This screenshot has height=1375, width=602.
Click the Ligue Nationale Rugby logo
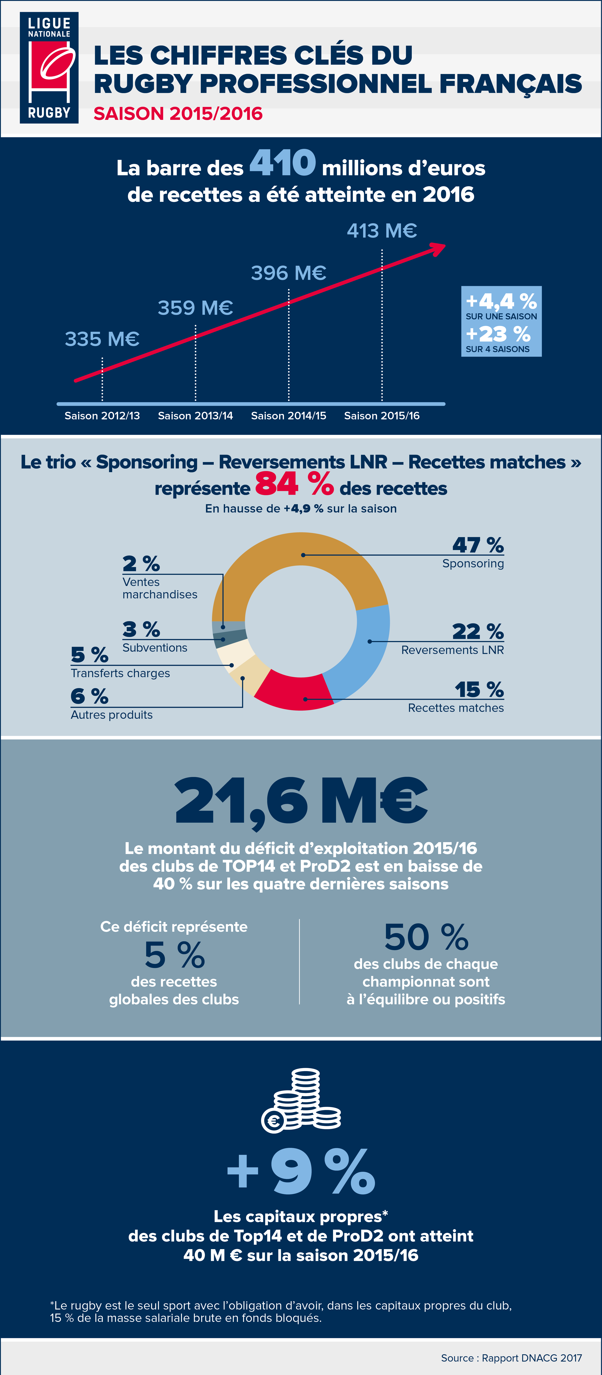click(49, 68)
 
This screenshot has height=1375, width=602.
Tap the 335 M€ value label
click(102, 339)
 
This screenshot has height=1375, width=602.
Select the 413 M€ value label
click(382, 231)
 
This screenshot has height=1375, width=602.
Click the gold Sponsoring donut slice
click(299, 553)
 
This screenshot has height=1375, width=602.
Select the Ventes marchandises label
click(160, 588)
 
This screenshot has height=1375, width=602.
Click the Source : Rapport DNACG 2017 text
click(511, 1358)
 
